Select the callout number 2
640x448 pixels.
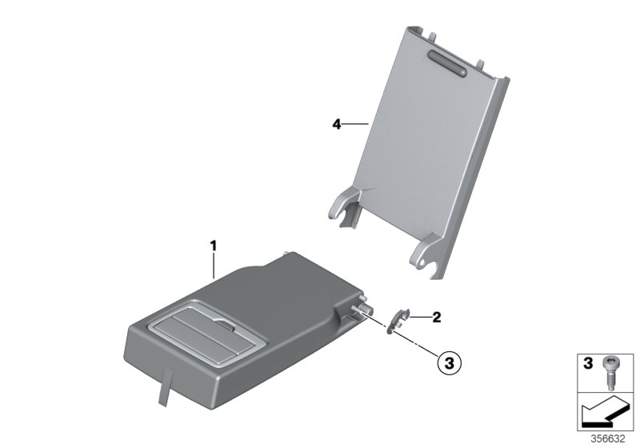[436, 317]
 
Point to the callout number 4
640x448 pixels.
[337, 124]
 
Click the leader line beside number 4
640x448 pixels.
[355, 124]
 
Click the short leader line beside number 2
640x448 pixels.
[421, 317]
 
